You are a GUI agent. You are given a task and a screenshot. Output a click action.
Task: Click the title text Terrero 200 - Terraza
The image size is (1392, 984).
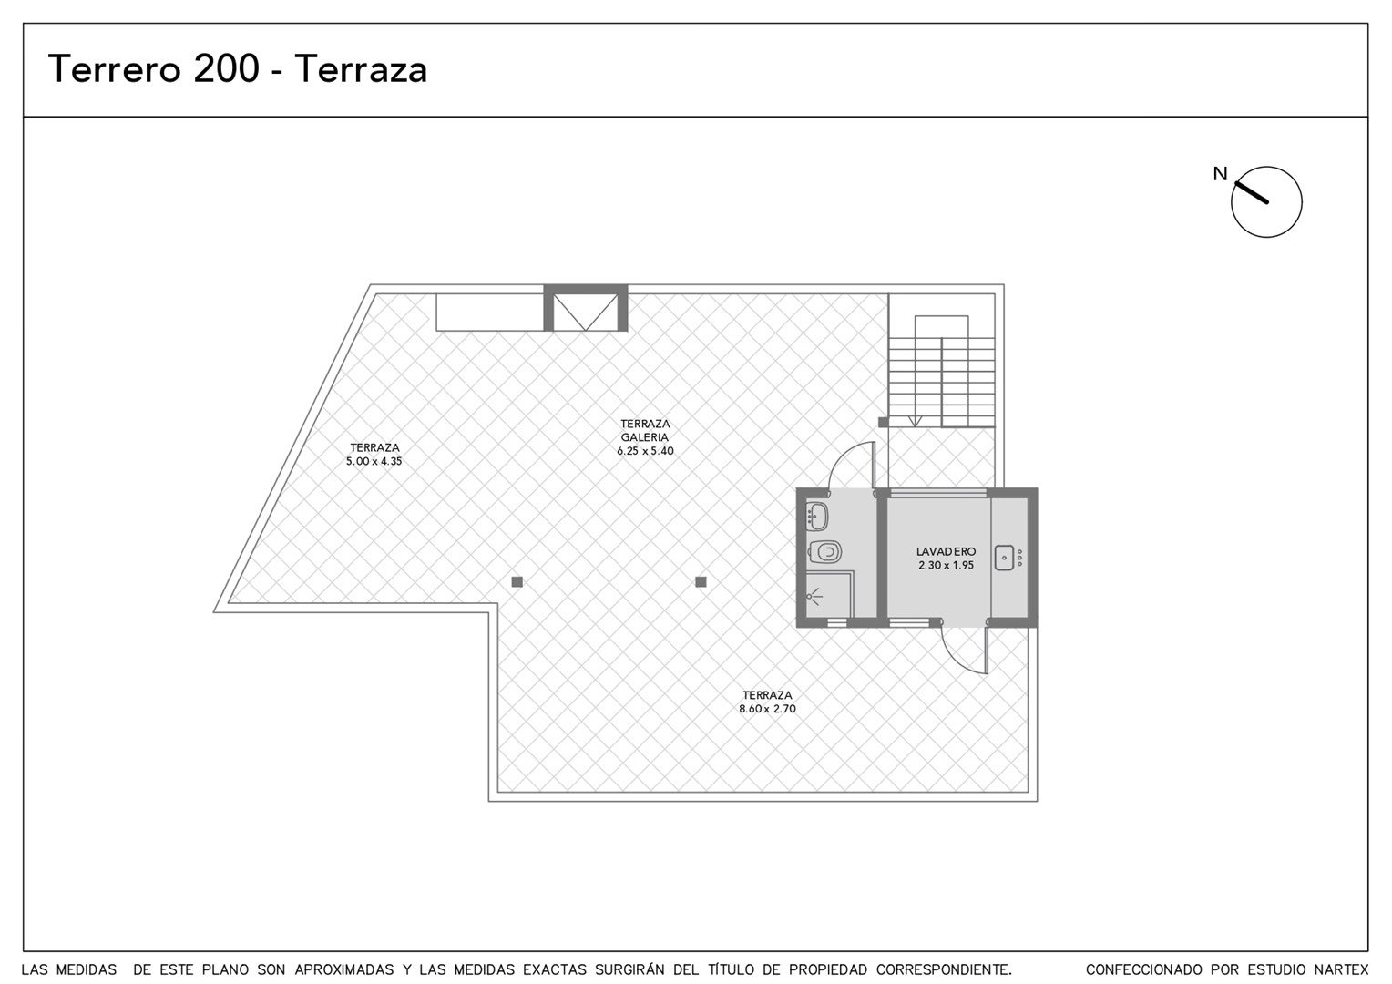(238, 68)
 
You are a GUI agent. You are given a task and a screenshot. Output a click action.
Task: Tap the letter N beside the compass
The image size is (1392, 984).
(1220, 174)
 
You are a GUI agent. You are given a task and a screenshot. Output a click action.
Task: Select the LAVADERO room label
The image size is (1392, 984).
(946, 551)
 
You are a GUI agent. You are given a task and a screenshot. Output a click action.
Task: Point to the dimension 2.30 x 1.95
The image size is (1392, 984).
(946, 566)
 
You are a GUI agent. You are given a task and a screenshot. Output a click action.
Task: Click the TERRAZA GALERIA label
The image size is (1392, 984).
(645, 430)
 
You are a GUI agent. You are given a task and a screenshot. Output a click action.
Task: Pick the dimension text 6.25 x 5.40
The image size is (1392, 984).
(645, 451)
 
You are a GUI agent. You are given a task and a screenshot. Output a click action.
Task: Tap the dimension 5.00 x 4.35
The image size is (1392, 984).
(374, 462)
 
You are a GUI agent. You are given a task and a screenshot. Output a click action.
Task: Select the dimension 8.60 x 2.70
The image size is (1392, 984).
(767, 709)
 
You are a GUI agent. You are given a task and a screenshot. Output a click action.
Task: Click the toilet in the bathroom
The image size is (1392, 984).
(825, 551)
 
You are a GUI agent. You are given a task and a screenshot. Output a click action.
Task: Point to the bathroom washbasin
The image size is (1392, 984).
(817, 516)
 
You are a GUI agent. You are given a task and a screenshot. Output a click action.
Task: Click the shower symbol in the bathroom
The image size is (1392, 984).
(814, 598)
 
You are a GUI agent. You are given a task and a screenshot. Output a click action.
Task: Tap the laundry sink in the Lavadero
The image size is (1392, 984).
(1005, 558)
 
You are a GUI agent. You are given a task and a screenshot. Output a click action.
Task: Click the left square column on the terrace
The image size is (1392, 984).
(517, 582)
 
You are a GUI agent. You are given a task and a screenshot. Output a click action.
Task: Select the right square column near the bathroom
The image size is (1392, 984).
(701, 582)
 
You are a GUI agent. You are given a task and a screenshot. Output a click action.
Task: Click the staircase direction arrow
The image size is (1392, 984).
(914, 421)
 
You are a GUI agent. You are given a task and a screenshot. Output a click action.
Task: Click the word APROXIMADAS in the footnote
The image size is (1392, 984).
(343, 969)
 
